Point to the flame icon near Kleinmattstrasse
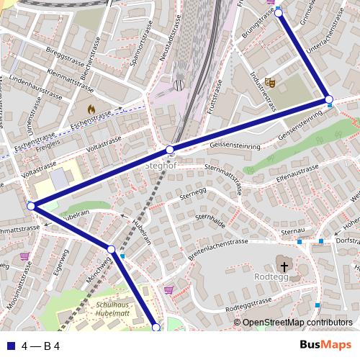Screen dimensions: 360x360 pyautogui.click(x=91, y=109)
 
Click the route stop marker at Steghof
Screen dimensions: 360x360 pyautogui.click(x=171, y=150)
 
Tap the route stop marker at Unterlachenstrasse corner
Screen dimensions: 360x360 pyautogui.click(x=328, y=99)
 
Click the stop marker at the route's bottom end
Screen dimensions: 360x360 pyautogui.click(x=156, y=328)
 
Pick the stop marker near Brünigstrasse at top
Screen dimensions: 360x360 pyautogui.click(x=279, y=12)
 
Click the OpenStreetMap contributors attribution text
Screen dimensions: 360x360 pyautogui.click(x=297, y=323)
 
